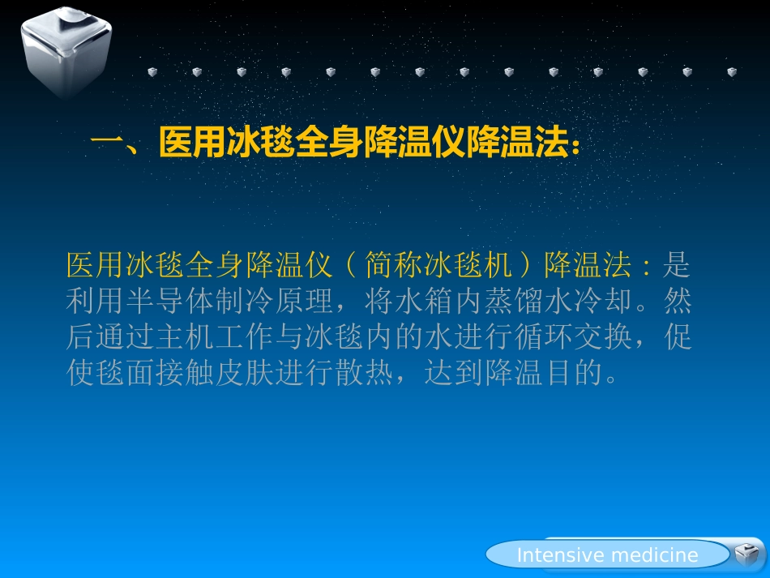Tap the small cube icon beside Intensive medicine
pos(746,554)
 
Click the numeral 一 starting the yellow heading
pos(106,144)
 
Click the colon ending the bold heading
pos(575,146)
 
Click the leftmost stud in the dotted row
pos(152,72)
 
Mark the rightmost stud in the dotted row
pos(732,72)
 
